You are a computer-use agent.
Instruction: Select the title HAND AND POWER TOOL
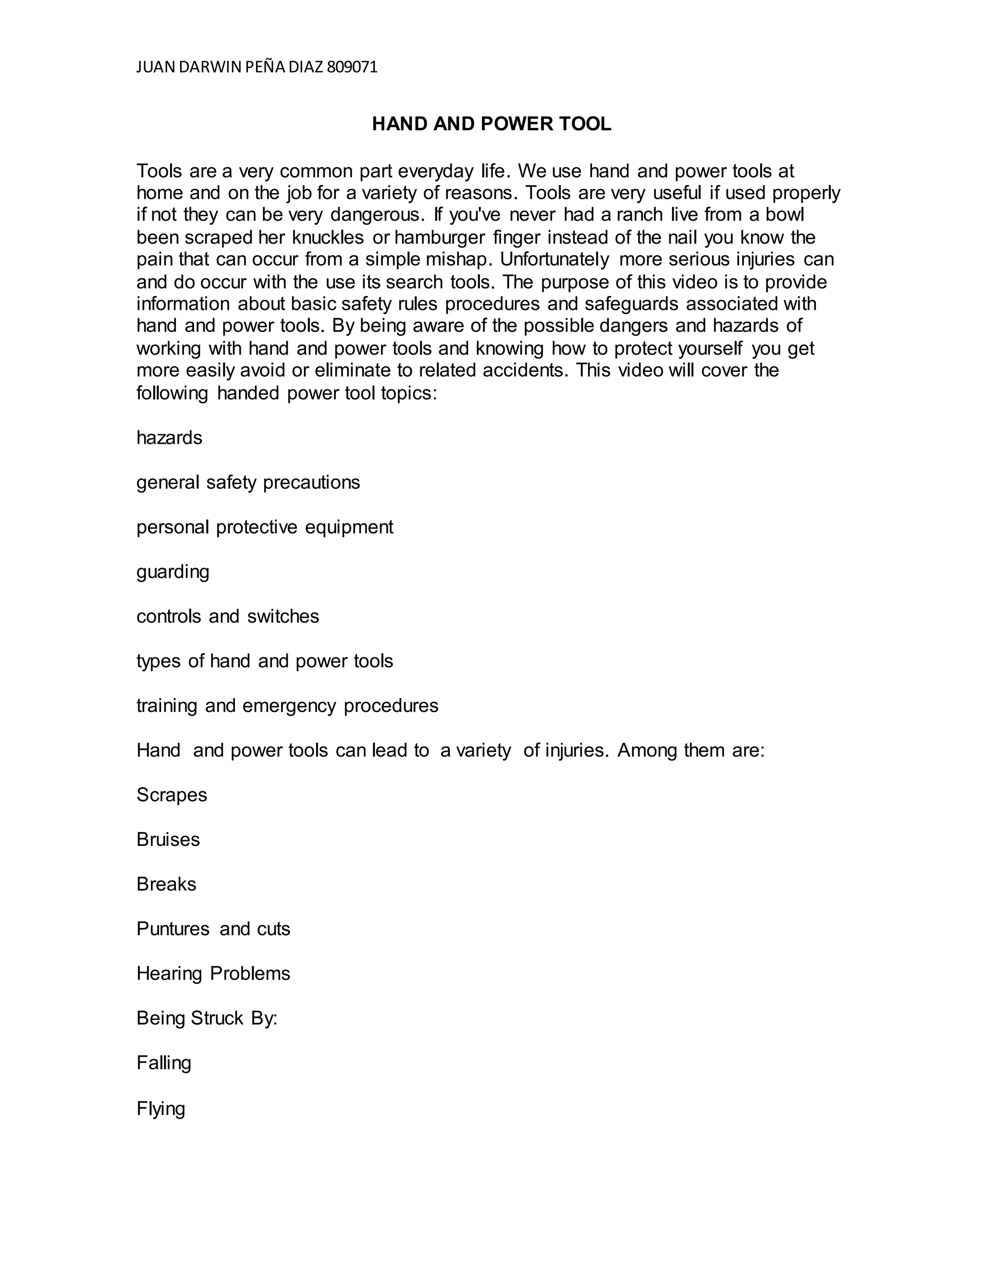[x=492, y=124]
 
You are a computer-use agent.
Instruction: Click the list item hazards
[x=169, y=438]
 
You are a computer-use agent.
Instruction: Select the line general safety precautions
[x=248, y=483]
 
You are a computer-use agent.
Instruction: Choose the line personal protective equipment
[x=265, y=527]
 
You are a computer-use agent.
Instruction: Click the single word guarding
[x=172, y=572]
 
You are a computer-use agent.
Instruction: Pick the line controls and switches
[x=227, y=617]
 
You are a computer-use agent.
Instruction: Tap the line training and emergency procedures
[x=287, y=706]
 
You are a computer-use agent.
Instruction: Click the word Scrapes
[x=172, y=795]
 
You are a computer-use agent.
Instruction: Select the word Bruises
[x=168, y=840]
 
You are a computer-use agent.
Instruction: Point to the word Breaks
[x=166, y=884]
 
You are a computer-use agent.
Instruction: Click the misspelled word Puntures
[x=172, y=929]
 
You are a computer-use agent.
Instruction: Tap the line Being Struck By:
[x=206, y=1018]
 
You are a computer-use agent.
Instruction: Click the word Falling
[x=163, y=1063]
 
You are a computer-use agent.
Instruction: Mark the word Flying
[x=160, y=1108]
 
